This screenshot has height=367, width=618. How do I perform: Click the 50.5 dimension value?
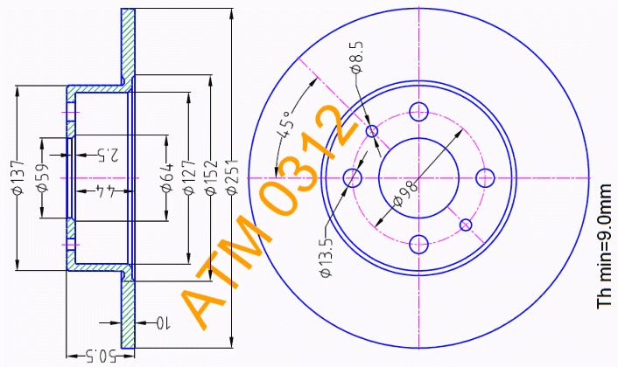pos(102,356)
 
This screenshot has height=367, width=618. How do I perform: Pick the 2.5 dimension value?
pos(109,156)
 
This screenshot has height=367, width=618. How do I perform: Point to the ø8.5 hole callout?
pos(355,56)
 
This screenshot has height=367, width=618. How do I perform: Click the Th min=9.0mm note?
pos(603,246)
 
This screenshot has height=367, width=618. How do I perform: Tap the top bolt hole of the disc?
pos(418,111)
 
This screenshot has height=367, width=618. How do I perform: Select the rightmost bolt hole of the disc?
pos(484,177)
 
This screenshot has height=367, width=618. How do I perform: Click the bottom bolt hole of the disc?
pos(418,243)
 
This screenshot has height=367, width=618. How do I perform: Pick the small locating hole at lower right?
pos(465,225)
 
